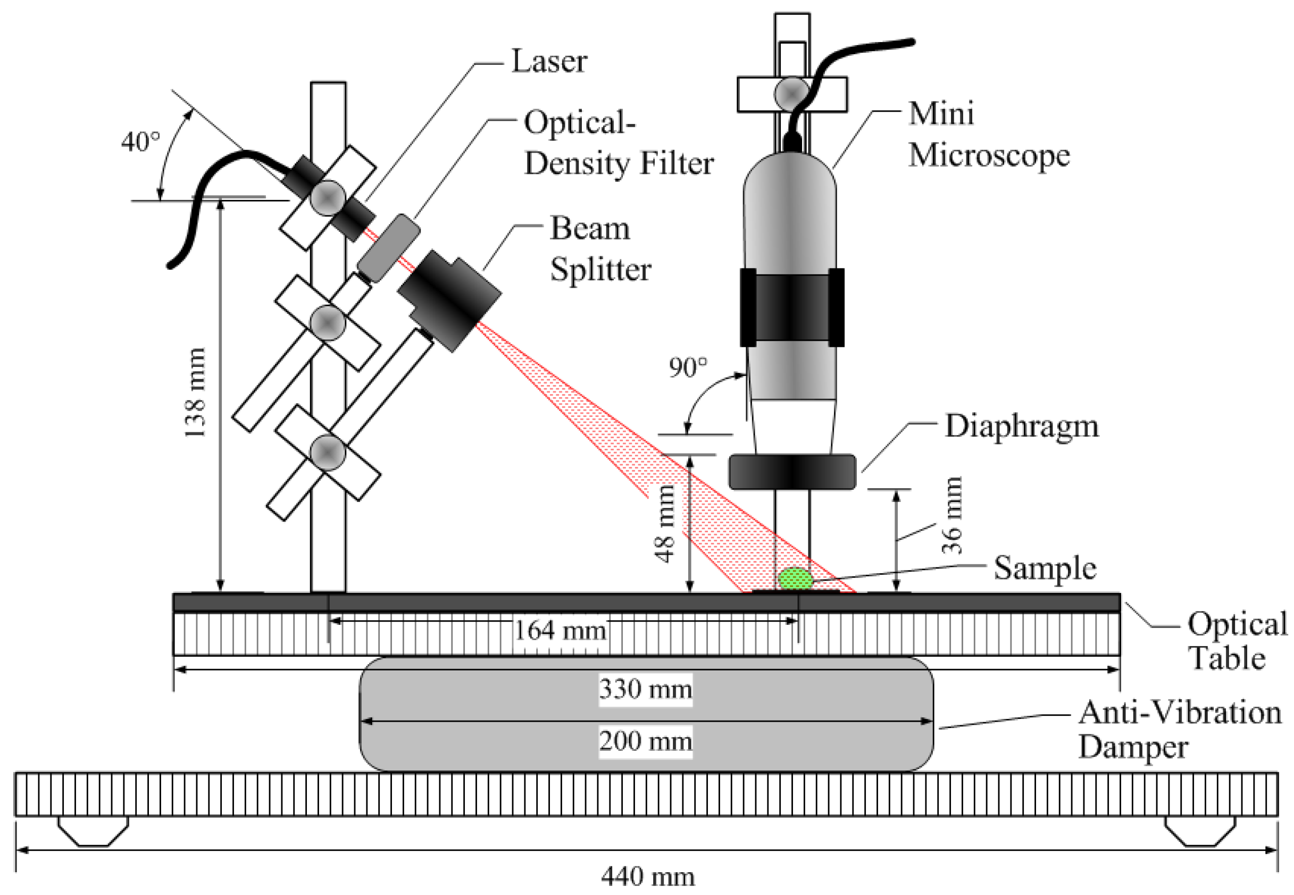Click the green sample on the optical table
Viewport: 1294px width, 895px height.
[x=795, y=579]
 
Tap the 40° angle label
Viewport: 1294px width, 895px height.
[x=140, y=141]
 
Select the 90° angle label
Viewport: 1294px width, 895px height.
[x=688, y=367]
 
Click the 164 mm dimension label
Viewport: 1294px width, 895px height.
[x=561, y=631]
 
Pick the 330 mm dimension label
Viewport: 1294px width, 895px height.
[x=646, y=689]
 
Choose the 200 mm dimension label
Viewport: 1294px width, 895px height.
[x=646, y=741]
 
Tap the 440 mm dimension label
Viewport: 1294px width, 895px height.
[x=648, y=876]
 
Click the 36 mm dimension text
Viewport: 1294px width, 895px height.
[x=952, y=515]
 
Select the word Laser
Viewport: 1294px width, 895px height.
[x=549, y=61]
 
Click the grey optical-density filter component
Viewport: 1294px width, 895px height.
[x=389, y=248]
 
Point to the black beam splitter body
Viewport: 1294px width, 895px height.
[x=450, y=300]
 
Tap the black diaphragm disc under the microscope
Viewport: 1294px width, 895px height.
[x=792, y=472]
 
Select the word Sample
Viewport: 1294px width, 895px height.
[x=1045, y=568]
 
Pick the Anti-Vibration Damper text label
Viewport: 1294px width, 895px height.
[x=1180, y=730]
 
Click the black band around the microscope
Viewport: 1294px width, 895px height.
[x=792, y=307]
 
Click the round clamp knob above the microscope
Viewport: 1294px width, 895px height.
[x=791, y=94]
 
